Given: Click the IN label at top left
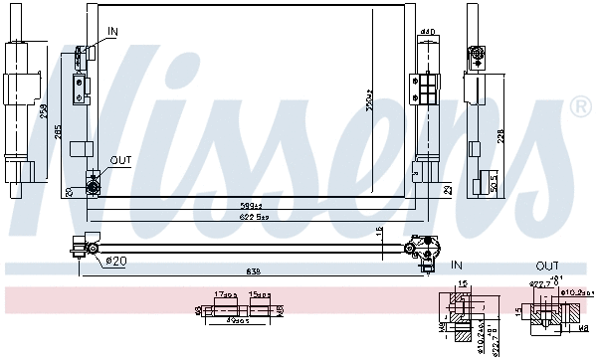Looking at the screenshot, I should (112, 32).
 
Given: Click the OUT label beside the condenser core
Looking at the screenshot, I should (120, 160).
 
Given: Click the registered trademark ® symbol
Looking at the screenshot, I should (579, 106).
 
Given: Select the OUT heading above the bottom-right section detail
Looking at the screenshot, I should (547, 266).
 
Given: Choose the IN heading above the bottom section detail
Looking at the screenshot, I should (458, 266).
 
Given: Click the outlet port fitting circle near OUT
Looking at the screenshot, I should (94, 183).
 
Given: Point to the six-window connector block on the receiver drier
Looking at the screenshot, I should (427, 90).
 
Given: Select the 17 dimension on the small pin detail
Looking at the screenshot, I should (224, 294).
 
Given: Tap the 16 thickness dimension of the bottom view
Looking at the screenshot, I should (379, 232).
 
